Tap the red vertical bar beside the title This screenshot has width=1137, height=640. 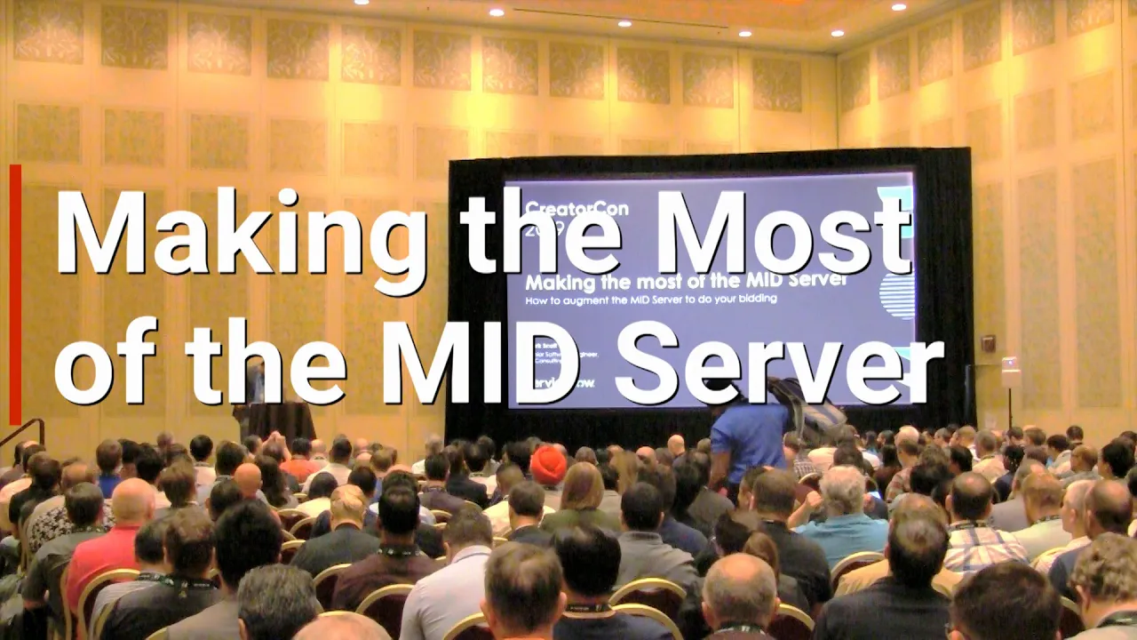click(15, 293)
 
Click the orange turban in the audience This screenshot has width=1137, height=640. click(548, 464)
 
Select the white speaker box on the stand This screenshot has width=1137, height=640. click(1011, 372)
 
